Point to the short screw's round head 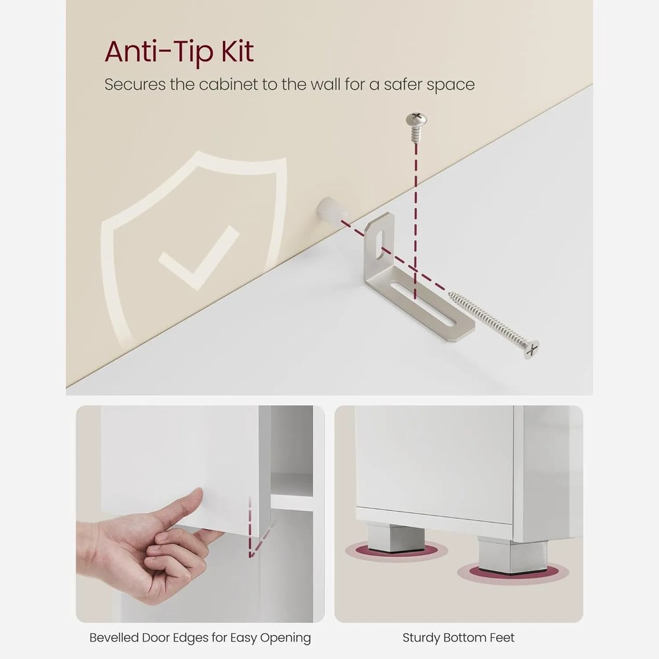pyautogui.click(x=417, y=120)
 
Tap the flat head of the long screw pyautogui.click(x=531, y=349)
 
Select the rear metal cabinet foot pyautogui.click(x=395, y=538)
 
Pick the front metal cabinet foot pyautogui.click(x=512, y=555)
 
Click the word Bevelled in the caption pyautogui.click(x=114, y=638)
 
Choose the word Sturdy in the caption pyautogui.click(x=421, y=638)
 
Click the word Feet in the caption pyautogui.click(x=503, y=638)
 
